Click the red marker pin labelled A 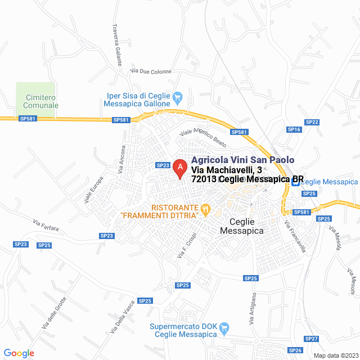(179, 168)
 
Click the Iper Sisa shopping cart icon (178, 96)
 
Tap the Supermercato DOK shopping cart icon (225, 327)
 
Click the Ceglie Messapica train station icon (295, 182)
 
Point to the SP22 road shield (312, 122)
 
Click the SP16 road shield (294, 129)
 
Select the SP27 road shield (311, 339)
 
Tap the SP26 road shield (295, 350)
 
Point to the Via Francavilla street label (295, 236)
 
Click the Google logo (18, 353)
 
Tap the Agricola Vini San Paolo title (243, 160)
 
